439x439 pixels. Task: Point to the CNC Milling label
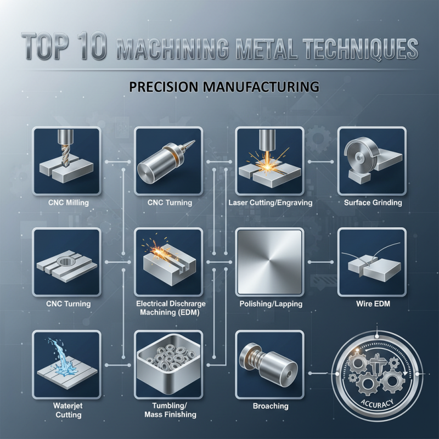tap(66, 202)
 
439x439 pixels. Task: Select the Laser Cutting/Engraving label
tap(269, 202)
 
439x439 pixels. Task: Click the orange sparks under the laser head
tap(269, 162)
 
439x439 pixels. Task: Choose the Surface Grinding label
tap(373, 202)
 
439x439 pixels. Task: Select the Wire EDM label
tap(373, 303)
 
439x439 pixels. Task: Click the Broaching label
tap(270, 406)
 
